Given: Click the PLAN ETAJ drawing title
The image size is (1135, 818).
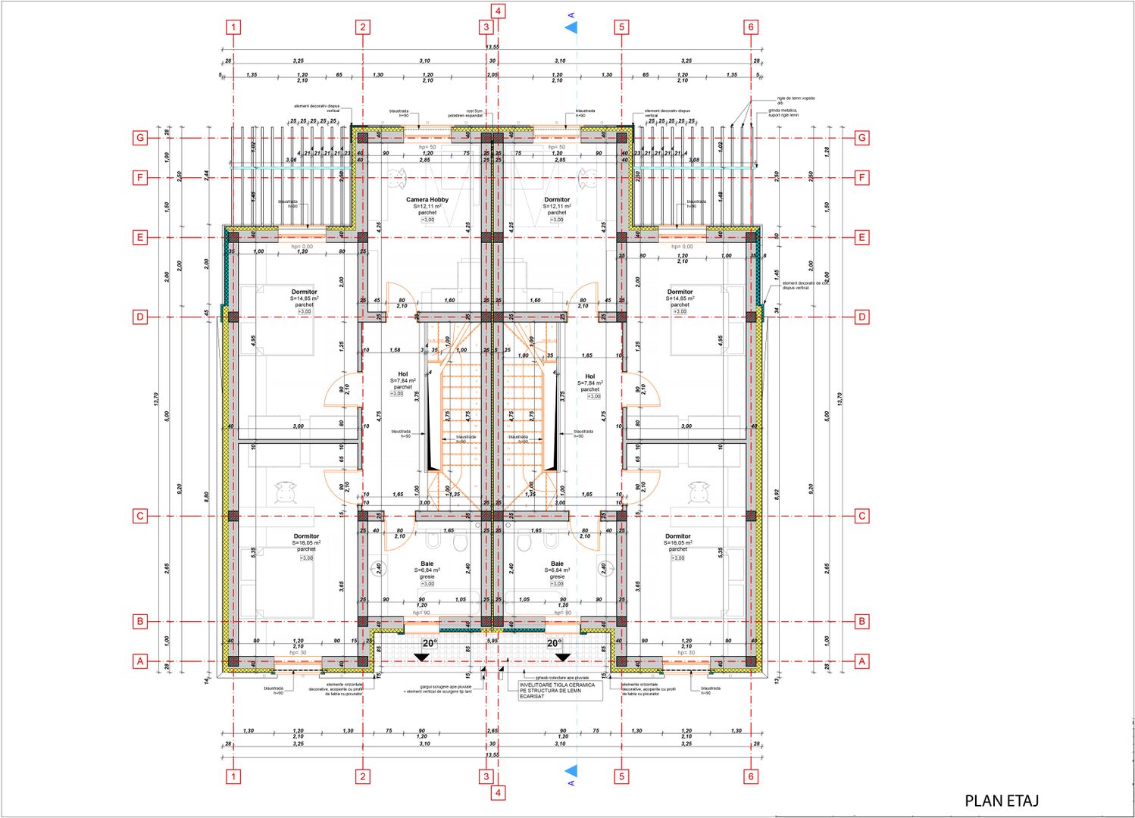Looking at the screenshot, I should click(1001, 801).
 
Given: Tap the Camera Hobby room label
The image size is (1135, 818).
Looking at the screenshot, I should click(427, 200).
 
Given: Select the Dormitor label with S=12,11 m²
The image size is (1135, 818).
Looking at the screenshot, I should click(557, 200).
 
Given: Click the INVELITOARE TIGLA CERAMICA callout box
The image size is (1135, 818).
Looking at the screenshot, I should click(557, 690).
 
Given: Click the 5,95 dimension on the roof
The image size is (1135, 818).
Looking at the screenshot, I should click(492, 641).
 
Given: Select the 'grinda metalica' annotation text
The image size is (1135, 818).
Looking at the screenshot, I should click(783, 113).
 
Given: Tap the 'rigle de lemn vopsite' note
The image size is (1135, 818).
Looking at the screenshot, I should click(796, 100).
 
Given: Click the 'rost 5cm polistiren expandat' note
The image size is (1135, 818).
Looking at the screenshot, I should click(474, 113).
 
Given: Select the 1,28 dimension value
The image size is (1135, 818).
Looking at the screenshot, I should click(827, 151).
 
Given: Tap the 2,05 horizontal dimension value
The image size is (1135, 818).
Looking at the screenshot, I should click(492, 75).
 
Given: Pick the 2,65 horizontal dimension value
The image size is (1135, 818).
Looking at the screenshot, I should click(492, 731).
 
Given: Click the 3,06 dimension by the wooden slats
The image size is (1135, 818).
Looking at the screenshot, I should click(291, 160).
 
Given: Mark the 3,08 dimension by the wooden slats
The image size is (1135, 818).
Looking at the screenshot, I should click(694, 160).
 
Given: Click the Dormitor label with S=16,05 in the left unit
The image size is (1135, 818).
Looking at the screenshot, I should click(307, 536).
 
